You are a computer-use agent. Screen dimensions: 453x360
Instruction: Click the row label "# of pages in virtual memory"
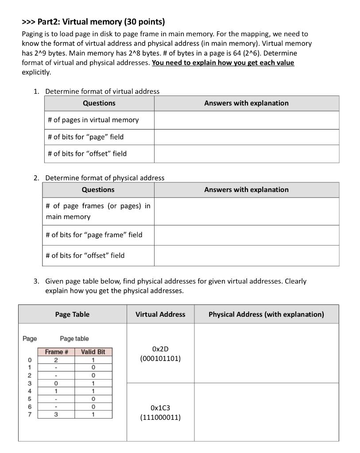click(93, 120)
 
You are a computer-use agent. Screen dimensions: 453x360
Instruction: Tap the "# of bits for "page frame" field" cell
click(94, 235)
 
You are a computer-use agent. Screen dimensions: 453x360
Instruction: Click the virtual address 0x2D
click(160, 349)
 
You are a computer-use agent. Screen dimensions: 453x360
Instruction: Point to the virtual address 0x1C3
click(160, 407)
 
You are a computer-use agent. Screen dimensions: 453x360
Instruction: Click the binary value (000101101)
click(160, 359)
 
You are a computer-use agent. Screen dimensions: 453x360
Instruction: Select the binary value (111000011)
click(160, 417)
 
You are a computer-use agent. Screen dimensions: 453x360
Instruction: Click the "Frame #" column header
click(56, 352)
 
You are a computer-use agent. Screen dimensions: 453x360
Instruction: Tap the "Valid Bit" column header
click(93, 352)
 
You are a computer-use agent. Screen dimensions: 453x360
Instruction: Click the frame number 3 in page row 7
click(56, 415)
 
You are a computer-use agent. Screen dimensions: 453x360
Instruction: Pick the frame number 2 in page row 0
click(56, 360)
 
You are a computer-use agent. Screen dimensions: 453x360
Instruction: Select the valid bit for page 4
click(93, 391)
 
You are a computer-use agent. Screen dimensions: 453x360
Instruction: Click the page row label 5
click(30, 399)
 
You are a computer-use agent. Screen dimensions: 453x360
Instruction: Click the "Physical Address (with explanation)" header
click(266, 315)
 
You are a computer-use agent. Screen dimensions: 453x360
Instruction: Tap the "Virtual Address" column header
click(160, 315)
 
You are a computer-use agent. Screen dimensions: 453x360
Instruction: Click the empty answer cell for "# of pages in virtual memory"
click(246, 120)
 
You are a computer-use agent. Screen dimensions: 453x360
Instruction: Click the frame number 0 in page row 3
click(56, 383)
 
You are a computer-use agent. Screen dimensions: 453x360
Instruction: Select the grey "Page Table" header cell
click(72, 315)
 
